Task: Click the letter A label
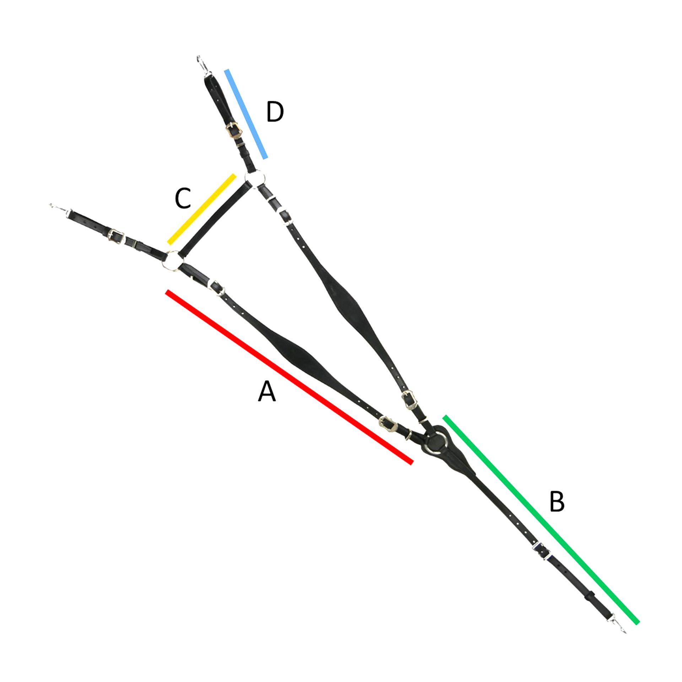[266, 391]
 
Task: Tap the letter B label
[557, 502]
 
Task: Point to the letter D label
[275, 112]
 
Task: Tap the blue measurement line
[246, 114]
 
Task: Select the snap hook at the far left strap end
[59, 209]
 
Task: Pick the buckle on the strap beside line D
[233, 131]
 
